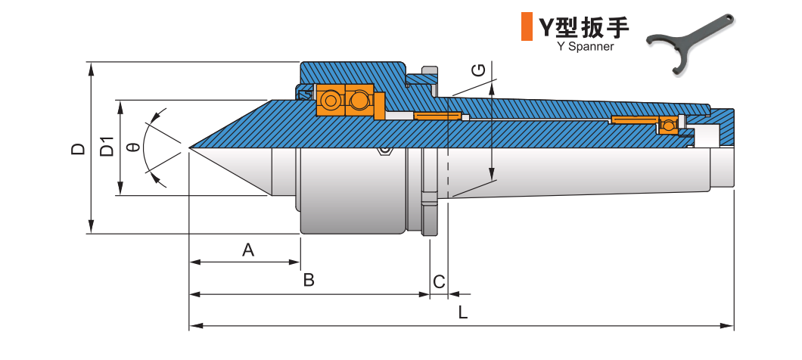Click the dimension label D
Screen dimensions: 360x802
tap(77, 148)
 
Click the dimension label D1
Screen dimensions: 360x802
tap(107, 147)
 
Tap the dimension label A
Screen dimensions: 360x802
tap(247, 250)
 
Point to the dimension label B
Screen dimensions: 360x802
tap(309, 281)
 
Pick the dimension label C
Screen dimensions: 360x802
tap(439, 282)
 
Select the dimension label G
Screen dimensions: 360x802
tap(479, 71)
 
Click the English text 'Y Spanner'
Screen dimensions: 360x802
tap(584, 46)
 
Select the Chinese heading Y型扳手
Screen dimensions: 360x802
tap(583, 27)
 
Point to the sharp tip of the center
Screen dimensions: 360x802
tap(190, 147)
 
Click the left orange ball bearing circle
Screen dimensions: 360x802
tap(331, 101)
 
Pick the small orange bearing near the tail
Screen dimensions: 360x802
tap(668, 125)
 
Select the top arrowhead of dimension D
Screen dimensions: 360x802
tap(91, 67)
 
